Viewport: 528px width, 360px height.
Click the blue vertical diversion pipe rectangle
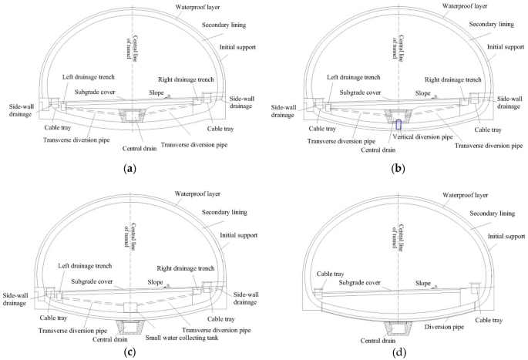[x=399, y=124]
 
